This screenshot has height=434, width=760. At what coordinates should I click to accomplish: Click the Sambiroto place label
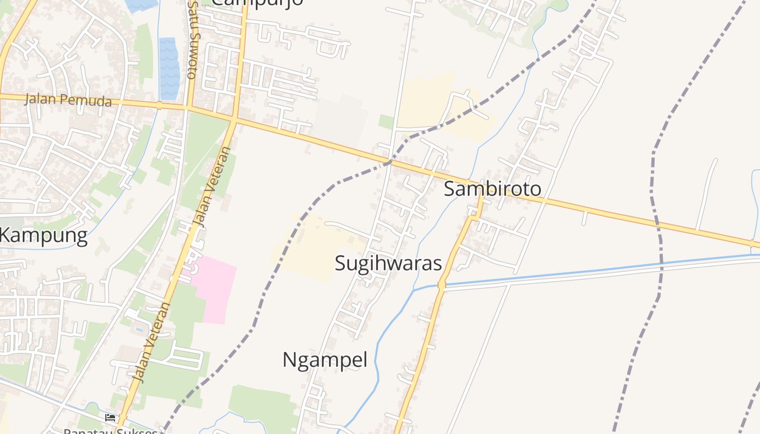[492, 189]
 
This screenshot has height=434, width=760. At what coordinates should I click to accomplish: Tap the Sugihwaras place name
[388, 263]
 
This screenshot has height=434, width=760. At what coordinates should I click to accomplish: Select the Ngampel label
[325, 360]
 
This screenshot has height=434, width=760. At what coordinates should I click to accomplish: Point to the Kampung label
[43, 236]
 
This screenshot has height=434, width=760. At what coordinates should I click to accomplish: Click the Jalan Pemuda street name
[68, 100]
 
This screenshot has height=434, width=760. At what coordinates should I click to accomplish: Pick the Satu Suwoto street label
[192, 41]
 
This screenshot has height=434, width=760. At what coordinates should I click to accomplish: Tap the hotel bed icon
[110, 417]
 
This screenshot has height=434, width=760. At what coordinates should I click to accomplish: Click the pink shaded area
[214, 290]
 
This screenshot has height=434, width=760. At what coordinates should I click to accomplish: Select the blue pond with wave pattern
[169, 68]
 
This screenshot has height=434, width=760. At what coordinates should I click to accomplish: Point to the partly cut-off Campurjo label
[257, 3]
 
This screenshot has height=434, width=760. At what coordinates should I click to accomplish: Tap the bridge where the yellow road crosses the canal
[441, 284]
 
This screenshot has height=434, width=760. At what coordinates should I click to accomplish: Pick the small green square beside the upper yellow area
[386, 122]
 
